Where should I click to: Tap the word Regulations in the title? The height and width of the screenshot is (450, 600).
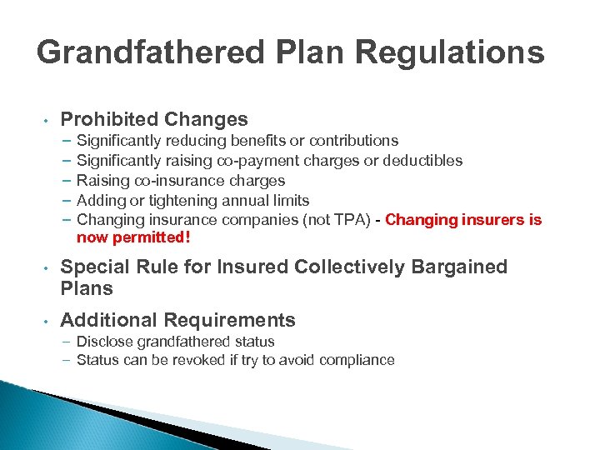pos(450,52)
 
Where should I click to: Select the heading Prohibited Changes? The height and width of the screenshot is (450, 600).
pos(154,119)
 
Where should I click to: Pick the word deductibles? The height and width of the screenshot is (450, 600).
pos(421,161)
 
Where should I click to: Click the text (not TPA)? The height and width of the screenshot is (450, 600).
pos(340,220)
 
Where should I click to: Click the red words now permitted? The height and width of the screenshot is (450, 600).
pos(133,238)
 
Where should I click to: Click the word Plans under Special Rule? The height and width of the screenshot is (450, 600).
pos(87,289)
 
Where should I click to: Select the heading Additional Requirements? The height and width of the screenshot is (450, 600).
pos(177,320)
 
